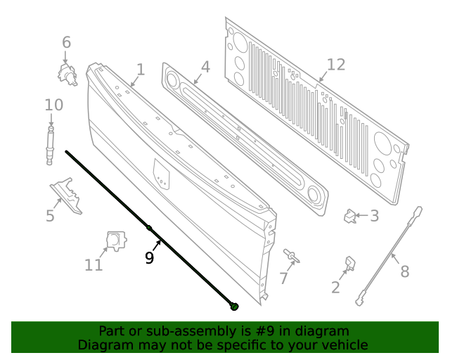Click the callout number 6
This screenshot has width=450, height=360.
(66, 42)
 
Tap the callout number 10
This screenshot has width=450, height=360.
(53, 105)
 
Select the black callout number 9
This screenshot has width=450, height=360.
(149, 258)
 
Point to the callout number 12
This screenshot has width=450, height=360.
(336, 65)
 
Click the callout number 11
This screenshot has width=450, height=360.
(94, 264)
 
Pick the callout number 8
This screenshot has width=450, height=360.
(404, 271)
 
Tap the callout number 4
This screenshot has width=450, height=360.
(205, 67)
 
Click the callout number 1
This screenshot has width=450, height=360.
(141, 70)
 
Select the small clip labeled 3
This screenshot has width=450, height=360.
(349, 217)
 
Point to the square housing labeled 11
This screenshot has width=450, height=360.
(114, 240)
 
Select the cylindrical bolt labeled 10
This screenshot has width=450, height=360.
(50, 146)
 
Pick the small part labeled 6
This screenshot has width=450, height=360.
(67, 72)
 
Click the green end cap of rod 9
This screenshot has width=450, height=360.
(235, 306)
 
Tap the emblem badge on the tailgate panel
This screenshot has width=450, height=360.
(162, 174)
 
